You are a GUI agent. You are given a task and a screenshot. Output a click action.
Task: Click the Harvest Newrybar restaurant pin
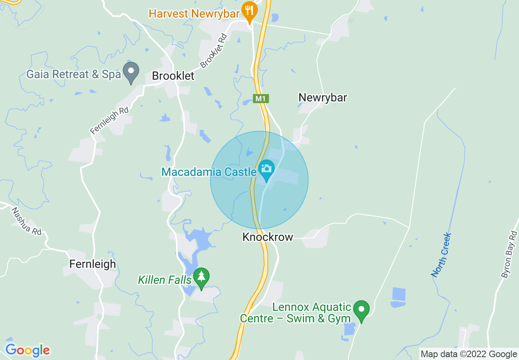[x=249, y=11]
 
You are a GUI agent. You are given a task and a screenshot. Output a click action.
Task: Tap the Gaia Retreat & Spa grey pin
[x=131, y=72]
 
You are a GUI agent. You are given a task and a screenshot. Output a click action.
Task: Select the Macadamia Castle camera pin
[x=266, y=169]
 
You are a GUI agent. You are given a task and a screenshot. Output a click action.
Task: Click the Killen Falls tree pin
[x=201, y=277]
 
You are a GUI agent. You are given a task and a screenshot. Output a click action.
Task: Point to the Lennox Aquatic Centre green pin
[x=361, y=310]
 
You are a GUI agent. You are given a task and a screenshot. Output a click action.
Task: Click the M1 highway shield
[x=260, y=99]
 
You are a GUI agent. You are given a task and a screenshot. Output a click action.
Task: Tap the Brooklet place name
[x=173, y=76]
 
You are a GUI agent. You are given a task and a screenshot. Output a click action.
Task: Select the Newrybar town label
[x=323, y=98]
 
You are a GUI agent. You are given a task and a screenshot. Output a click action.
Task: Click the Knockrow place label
[x=268, y=237]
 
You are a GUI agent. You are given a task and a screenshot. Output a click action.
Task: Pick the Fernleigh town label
[x=93, y=264]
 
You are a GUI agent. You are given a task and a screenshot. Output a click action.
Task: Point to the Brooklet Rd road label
[x=214, y=51]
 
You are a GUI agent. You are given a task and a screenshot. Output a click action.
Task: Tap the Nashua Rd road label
[x=26, y=221]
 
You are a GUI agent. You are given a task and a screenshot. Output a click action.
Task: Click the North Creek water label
[x=442, y=255]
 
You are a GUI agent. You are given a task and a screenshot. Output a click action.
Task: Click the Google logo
[x=27, y=350]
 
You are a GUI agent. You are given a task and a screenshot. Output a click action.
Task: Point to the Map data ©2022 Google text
[x=469, y=354]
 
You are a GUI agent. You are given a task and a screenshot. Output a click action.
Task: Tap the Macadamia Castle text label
[x=209, y=172]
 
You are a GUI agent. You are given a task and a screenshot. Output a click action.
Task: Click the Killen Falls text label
[x=165, y=280]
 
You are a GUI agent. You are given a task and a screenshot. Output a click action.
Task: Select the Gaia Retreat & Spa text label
[x=74, y=74]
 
